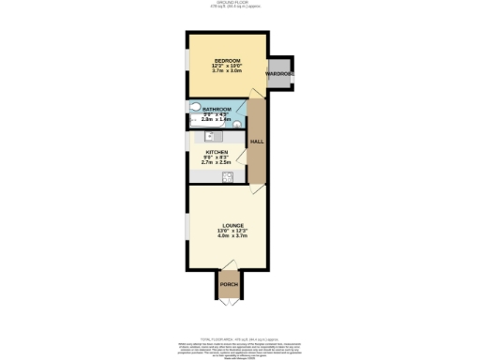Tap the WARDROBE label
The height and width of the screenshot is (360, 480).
(277, 72)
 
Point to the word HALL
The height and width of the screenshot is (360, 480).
(256, 142)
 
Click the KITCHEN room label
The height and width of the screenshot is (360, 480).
(217, 150)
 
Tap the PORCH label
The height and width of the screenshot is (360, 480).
(228, 284)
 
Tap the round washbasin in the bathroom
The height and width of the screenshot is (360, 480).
(239, 121)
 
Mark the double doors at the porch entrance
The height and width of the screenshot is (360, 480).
(228, 302)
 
